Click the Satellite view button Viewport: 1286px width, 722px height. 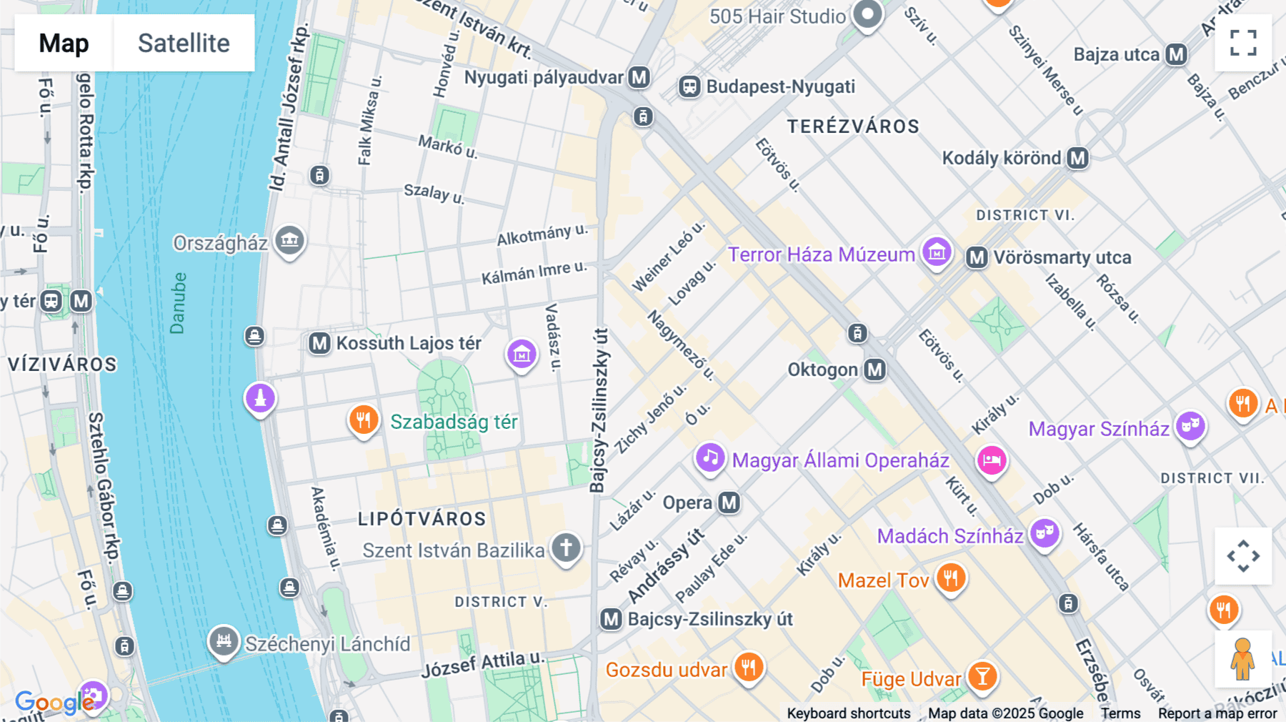[x=184, y=43]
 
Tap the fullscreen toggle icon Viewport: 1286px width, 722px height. [x=1243, y=43]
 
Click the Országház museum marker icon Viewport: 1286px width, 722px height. [x=289, y=240]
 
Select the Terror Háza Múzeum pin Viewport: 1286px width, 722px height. [x=937, y=252]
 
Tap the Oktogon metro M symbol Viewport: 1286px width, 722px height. [x=875, y=370]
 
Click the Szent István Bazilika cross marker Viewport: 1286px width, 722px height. [x=566, y=548]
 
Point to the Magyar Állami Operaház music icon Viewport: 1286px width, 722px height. [x=710, y=458]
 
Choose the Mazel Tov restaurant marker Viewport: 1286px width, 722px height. [x=950, y=577]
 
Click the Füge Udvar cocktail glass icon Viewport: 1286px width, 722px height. [x=982, y=676]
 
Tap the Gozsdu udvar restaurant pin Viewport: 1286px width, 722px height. [x=749, y=668]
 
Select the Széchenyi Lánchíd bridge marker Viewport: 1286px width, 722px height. [x=224, y=641]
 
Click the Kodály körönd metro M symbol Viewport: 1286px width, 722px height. [x=1077, y=158]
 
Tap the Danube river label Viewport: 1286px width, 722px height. [x=178, y=303]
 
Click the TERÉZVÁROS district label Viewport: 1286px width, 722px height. [x=853, y=127]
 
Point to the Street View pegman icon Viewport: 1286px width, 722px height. [x=1242, y=658]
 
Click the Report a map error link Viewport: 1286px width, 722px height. [x=1217, y=713]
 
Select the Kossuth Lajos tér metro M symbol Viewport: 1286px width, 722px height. [x=319, y=343]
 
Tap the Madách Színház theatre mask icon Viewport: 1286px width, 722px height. [x=1045, y=533]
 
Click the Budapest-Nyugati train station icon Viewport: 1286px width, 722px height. [x=689, y=87]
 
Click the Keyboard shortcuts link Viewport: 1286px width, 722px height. [x=848, y=713]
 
